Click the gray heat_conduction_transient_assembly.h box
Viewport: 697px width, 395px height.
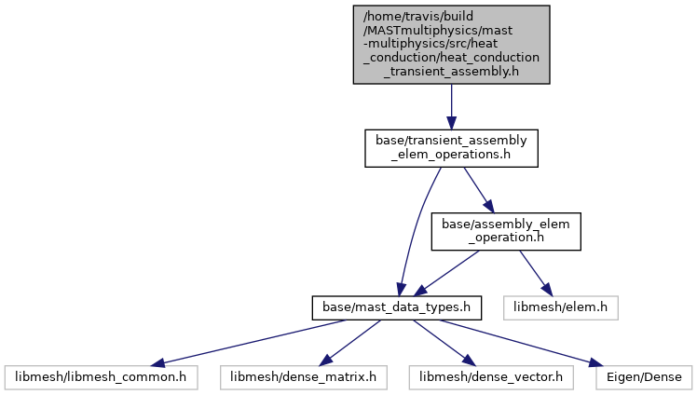click(x=451, y=45)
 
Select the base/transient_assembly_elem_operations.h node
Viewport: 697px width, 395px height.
click(x=451, y=148)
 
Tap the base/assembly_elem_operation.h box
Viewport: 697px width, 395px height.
click(x=506, y=231)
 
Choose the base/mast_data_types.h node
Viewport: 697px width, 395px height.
click(x=397, y=308)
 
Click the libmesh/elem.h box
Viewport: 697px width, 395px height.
click(x=561, y=308)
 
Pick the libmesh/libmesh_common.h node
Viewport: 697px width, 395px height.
click(x=101, y=377)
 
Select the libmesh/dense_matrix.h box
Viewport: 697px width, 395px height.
click(x=303, y=377)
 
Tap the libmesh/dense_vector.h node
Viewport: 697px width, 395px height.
click(x=491, y=377)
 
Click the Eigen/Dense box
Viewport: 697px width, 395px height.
click(x=644, y=377)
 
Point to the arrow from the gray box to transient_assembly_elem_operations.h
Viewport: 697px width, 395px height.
click(x=451, y=106)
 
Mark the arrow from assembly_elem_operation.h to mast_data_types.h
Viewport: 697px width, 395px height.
click(x=446, y=273)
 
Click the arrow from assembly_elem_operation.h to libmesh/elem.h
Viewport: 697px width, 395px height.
click(x=536, y=273)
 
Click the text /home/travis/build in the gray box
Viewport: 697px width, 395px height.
click(x=418, y=17)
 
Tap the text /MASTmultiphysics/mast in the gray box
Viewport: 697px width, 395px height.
click(x=438, y=30)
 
